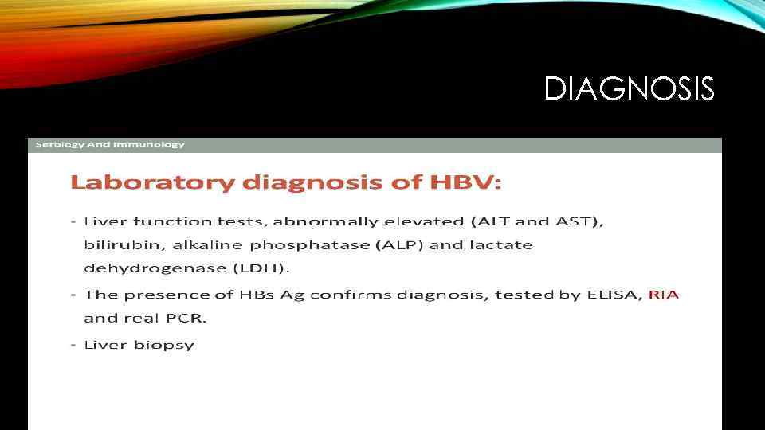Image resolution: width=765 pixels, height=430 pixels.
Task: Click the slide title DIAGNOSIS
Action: point(629,88)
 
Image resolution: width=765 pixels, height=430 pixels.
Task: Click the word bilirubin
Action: point(112,244)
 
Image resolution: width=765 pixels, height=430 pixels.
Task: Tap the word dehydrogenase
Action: point(143,268)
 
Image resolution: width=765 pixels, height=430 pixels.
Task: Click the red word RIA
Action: point(664,295)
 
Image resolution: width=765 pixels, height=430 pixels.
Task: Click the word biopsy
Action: point(169,346)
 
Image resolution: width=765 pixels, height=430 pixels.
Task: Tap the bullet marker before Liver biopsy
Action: point(73,345)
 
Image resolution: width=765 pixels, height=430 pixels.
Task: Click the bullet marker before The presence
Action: point(73,295)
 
